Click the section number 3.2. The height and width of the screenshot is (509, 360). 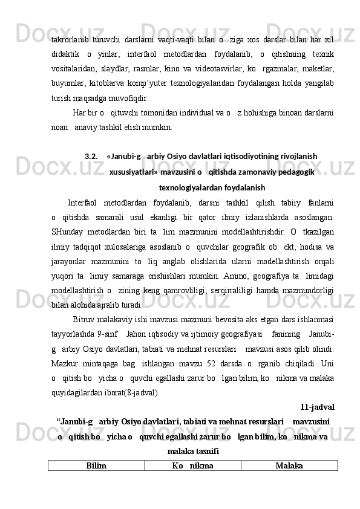click(91, 157)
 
